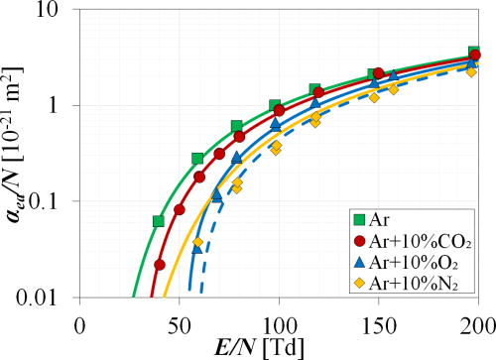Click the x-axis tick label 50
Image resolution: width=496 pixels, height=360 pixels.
coord(179,324)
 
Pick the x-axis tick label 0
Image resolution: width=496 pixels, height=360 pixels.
coord(79,324)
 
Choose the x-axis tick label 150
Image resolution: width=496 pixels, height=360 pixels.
coord(378,324)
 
